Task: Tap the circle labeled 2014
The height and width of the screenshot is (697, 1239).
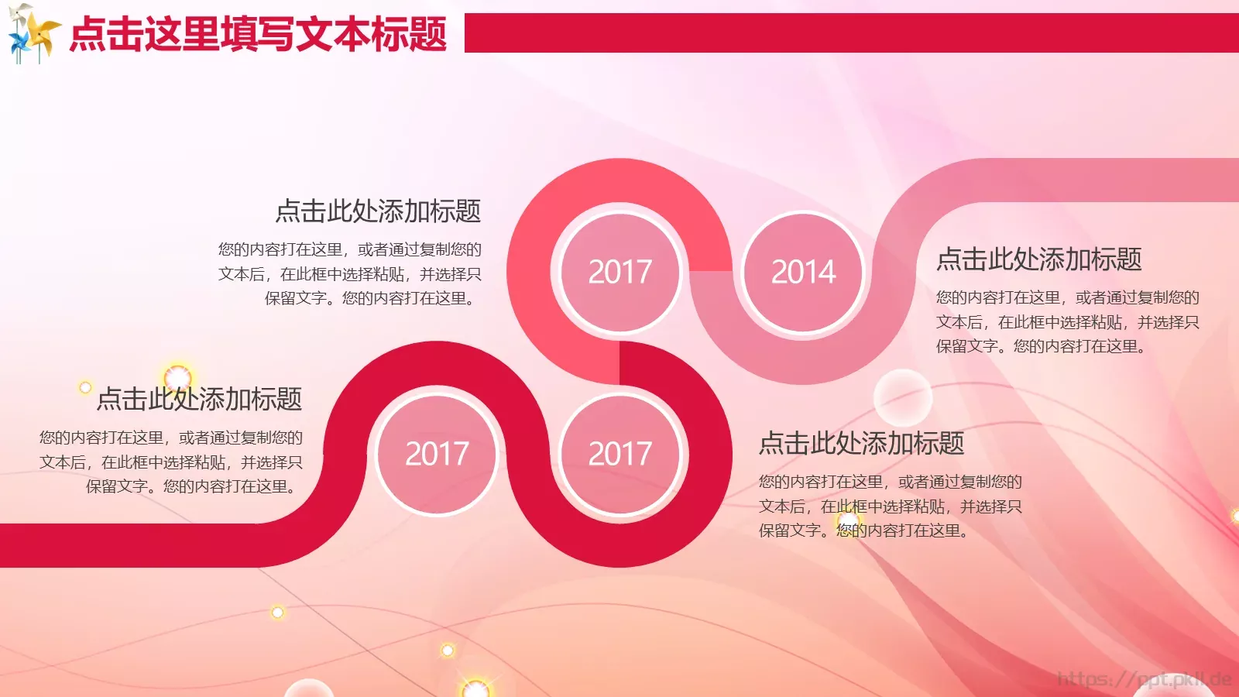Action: (803, 272)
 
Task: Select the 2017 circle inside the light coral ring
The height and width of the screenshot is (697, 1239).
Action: (619, 272)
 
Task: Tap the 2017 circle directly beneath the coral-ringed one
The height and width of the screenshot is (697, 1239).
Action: (619, 454)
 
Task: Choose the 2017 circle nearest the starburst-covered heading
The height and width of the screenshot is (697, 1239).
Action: (437, 454)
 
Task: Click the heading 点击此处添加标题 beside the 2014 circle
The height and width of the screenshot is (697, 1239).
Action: (1038, 259)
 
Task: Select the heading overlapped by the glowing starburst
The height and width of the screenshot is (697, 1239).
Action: (199, 400)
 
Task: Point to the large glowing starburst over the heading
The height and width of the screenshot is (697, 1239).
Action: (177, 378)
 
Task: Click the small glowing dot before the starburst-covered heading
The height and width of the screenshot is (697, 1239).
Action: (85, 387)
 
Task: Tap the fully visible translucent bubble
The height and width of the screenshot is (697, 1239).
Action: (902, 397)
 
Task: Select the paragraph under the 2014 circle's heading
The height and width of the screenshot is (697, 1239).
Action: (1067, 321)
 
